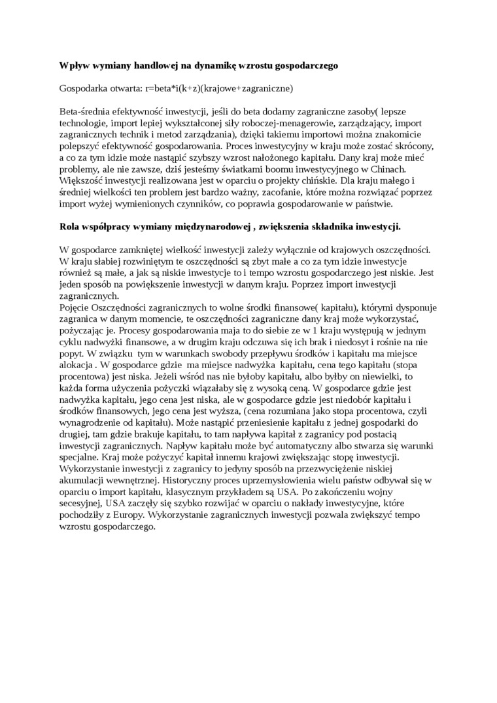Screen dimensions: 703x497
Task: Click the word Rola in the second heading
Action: point(70,226)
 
